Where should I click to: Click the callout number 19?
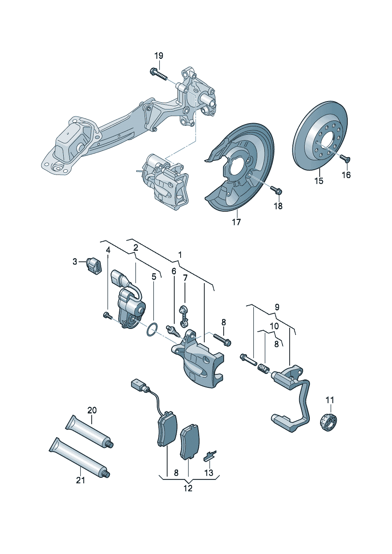(158, 56)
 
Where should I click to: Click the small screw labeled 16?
(345, 159)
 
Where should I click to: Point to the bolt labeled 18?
(277, 190)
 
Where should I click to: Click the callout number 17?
(236, 222)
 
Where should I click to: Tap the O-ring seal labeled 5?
(152, 330)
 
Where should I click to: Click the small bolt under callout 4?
(107, 315)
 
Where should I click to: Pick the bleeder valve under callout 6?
(173, 330)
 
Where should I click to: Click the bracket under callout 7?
(183, 315)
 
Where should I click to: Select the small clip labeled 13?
(210, 456)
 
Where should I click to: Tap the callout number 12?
(188, 488)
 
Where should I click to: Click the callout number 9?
(277, 307)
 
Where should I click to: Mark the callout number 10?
(274, 326)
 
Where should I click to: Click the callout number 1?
(180, 255)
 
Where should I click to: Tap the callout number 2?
(136, 248)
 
